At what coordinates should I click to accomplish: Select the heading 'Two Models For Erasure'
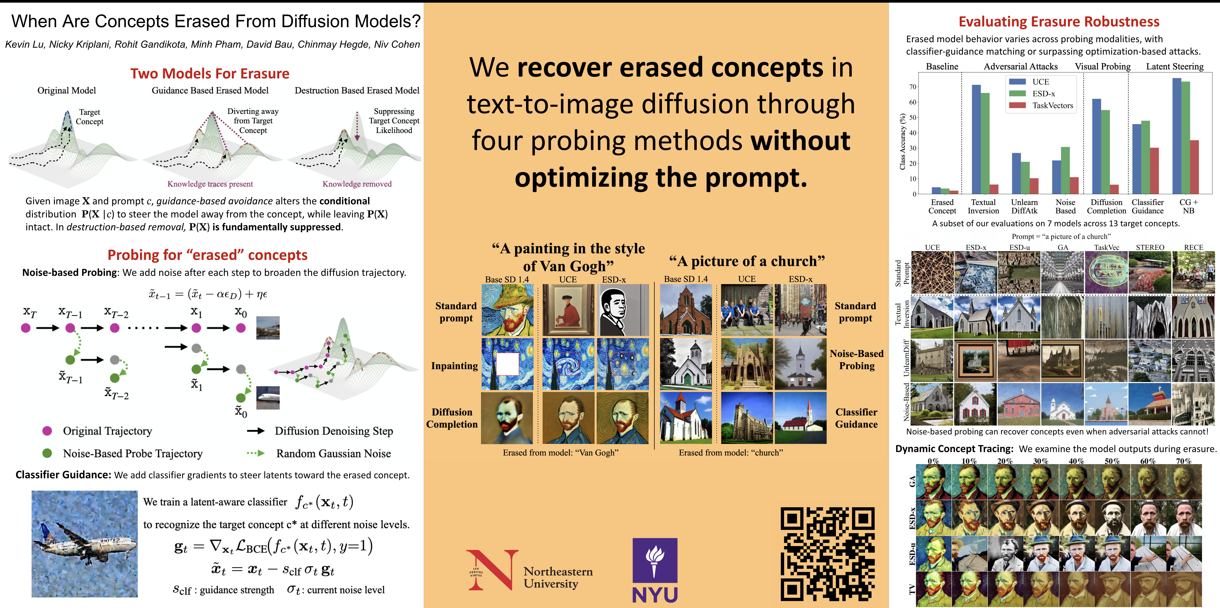coord(210,73)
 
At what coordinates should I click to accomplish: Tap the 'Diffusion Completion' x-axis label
coord(1106,206)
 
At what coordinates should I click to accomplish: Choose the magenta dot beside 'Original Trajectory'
coord(47,430)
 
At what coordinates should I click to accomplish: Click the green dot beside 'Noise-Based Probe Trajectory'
coord(47,453)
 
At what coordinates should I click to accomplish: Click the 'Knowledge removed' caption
coord(357,184)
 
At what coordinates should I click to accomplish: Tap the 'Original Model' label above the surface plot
coord(67,90)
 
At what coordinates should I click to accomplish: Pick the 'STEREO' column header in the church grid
coord(1150,247)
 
